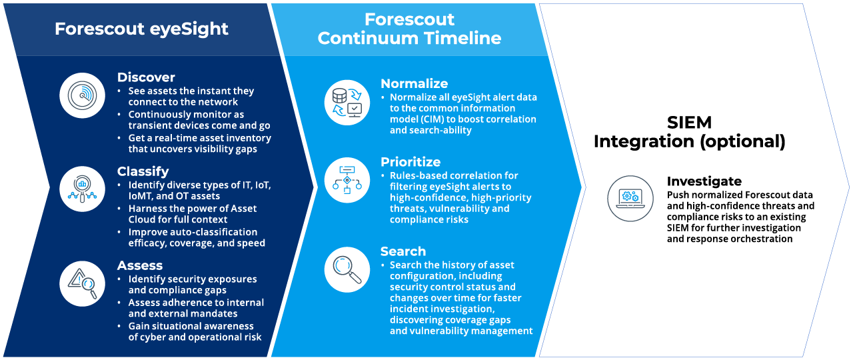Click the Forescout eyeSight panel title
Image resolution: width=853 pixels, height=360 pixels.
[141, 29]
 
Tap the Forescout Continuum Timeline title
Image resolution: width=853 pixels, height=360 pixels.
[409, 29]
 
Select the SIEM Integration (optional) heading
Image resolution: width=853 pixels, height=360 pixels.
[689, 132]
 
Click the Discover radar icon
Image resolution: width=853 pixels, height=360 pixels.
[82, 95]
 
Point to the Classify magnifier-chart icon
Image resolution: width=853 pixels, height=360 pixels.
[82, 189]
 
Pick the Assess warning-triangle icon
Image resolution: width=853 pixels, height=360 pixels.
[82, 283]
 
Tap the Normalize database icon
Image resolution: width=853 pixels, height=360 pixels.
[347, 103]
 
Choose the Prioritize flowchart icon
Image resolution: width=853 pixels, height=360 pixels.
[347, 180]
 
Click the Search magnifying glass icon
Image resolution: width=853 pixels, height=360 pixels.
[347, 270]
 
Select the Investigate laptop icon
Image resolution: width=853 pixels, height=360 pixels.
[630, 199]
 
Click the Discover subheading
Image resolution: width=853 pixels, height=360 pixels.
[146, 77]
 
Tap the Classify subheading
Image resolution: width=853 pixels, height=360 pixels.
[143, 172]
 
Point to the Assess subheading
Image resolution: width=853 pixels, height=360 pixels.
[140, 265]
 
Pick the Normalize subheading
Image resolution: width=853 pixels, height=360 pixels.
[414, 84]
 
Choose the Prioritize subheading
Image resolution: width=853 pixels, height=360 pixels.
[411, 162]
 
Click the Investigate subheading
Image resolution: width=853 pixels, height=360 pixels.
[704, 181]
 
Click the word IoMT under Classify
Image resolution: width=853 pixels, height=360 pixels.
[141, 196]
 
